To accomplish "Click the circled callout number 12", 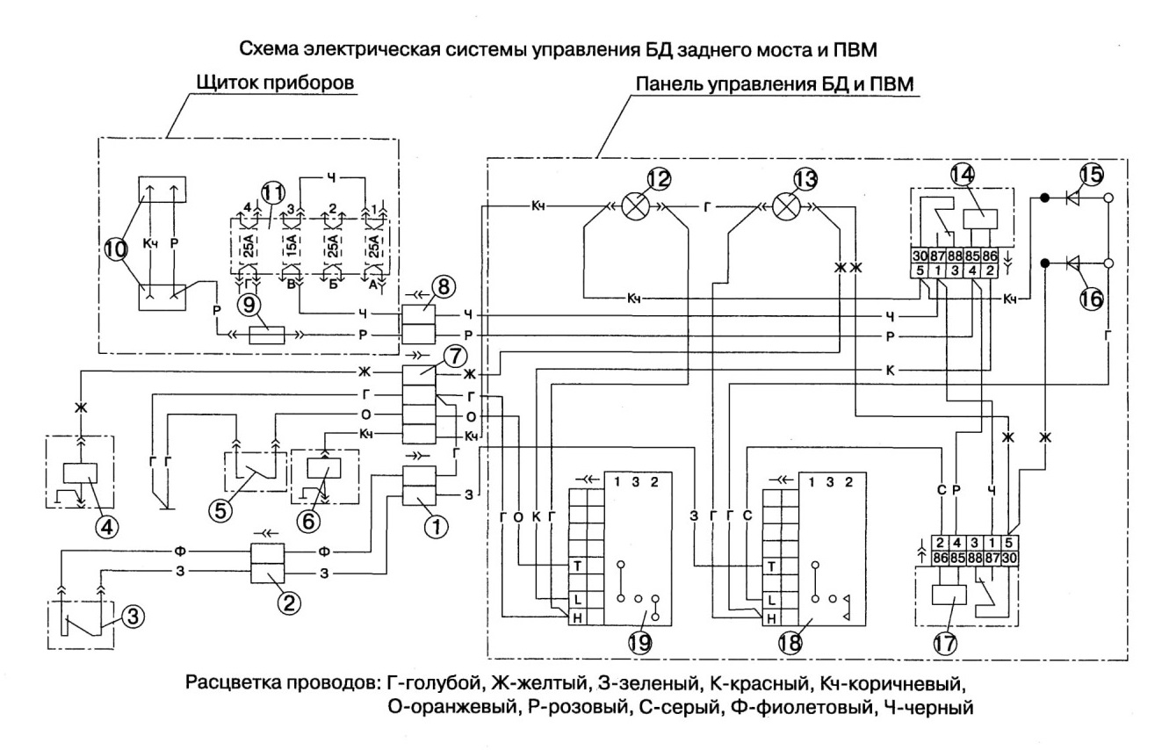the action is click(x=659, y=179).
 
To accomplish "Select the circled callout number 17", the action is click(x=944, y=643).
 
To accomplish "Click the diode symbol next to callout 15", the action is click(x=1073, y=198).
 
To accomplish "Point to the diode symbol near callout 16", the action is click(x=1073, y=263).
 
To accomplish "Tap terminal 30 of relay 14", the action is click(x=920, y=256).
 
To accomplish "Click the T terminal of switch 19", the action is click(x=577, y=566).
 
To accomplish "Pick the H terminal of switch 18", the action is click(x=772, y=618).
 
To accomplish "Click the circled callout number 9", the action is click(x=249, y=305).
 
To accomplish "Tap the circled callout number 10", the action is click(x=116, y=249).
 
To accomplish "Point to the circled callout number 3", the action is click(x=133, y=617).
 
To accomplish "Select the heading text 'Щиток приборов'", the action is click(x=276, y=83).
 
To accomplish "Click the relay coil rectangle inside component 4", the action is click(x=80, y=472).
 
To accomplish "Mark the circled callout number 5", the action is click(x=220, y=511).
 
